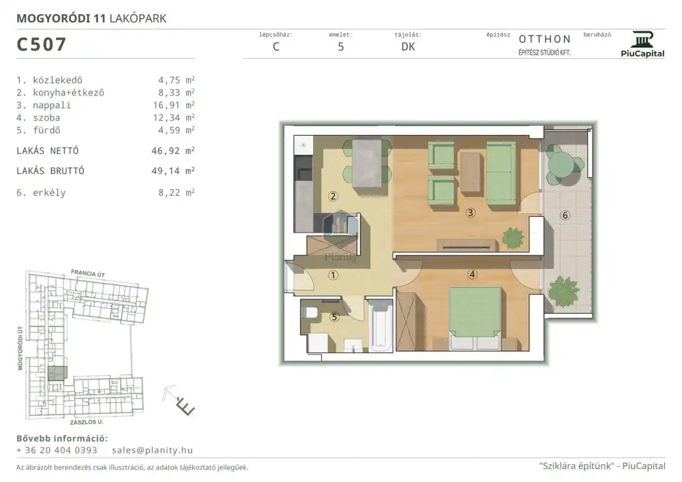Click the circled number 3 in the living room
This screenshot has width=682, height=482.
click(470, 213)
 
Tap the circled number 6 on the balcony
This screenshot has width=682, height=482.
click(565, 215)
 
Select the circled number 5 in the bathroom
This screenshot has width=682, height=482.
click(334, 317)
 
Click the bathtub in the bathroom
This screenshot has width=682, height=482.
click(381, 325)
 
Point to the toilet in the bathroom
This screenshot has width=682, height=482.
click(309, 313)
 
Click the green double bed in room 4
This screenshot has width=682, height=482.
click(475, 318)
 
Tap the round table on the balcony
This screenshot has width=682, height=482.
click(561, 164)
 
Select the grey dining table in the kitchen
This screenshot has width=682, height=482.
click(367, 163)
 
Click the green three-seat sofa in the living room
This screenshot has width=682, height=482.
click(501, 173)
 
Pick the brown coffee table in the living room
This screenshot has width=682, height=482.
click(471, 172)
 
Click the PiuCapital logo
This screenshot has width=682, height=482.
click(642, 44)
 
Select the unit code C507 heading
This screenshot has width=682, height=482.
click(42, 44)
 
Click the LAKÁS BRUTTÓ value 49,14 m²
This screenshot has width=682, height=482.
click(173, 171)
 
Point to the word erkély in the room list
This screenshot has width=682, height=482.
click(49, 193)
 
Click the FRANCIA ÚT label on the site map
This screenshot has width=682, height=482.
click(88, 273)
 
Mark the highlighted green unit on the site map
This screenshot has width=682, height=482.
click(57, 374)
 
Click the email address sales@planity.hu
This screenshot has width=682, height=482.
click(152, 450)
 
